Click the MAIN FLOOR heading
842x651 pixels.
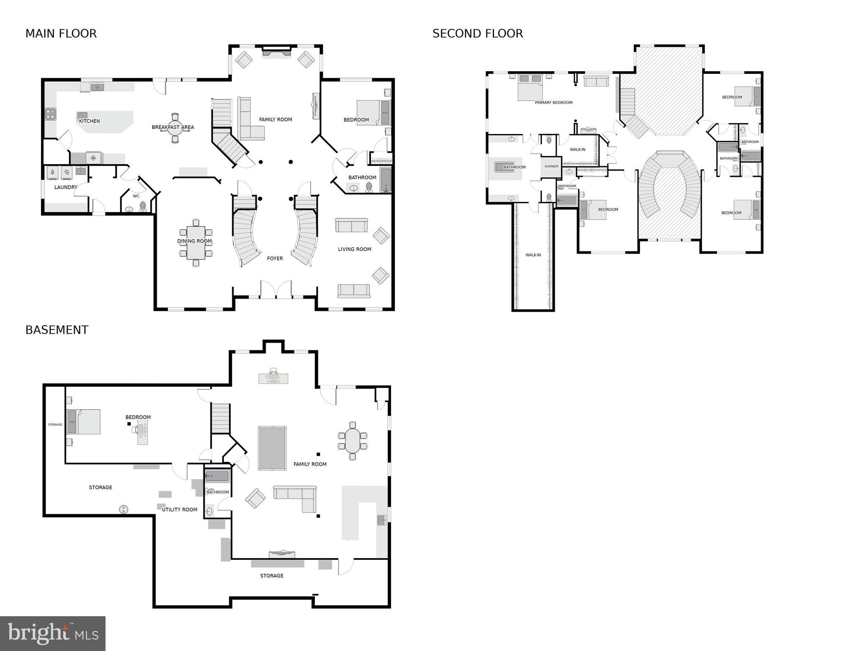(61, 34)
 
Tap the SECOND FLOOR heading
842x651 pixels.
(478, 34)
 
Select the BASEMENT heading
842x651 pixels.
(57, 330)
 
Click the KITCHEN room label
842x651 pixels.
(89, 121)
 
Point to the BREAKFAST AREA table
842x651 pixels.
(175, 128)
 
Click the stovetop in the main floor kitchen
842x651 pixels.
(50, 114)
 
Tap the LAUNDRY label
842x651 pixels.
(66, 187)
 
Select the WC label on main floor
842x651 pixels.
(136, 196)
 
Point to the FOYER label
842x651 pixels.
(275, 258)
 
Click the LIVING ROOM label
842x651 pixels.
(354, 249)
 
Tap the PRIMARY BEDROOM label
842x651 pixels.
(553, 103)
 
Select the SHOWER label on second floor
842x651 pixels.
(551, 166)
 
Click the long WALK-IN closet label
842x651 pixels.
(533, 255)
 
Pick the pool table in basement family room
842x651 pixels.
(272, 448)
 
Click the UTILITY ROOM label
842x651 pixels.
(179, 510)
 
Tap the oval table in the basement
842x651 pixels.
(352, 441)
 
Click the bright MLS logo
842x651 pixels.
(53, 634)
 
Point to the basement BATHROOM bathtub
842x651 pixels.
(217, 476)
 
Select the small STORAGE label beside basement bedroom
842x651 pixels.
(55, 425)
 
